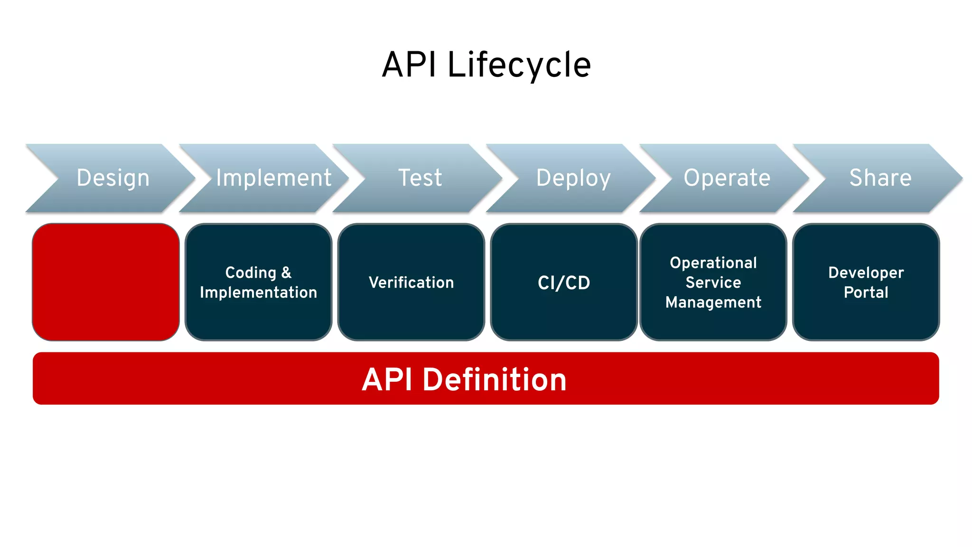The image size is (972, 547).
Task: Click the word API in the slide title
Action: [409, 65]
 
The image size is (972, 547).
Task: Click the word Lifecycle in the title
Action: [519, 65]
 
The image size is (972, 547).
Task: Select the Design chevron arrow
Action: [113, 178]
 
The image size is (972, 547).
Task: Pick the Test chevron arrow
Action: [420, 178]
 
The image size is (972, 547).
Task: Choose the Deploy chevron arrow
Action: [573, 178]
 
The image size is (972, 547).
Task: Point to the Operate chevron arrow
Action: [727, 178]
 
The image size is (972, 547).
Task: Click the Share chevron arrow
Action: [880, 178]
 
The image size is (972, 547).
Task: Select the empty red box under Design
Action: [106, 282]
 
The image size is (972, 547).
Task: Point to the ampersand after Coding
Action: [286, 273]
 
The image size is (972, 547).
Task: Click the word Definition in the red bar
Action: [495, 380]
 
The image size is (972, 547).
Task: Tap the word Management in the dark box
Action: [713, 302]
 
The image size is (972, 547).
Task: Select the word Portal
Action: [866, 292]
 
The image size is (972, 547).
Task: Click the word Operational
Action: [713, 263]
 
